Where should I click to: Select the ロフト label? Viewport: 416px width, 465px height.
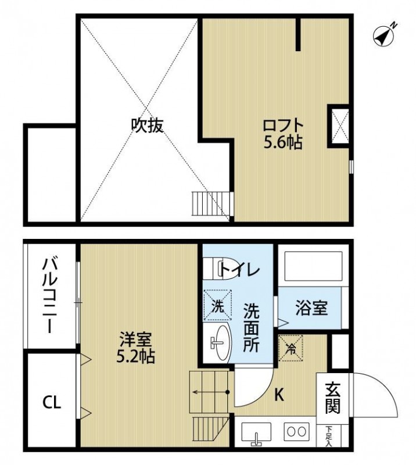pyautogui.click(x=283, y=125)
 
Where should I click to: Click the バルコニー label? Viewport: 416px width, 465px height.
pyautogui.click(x=49, y=297)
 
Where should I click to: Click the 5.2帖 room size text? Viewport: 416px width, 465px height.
pyautogui.click(x=137, y=356)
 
